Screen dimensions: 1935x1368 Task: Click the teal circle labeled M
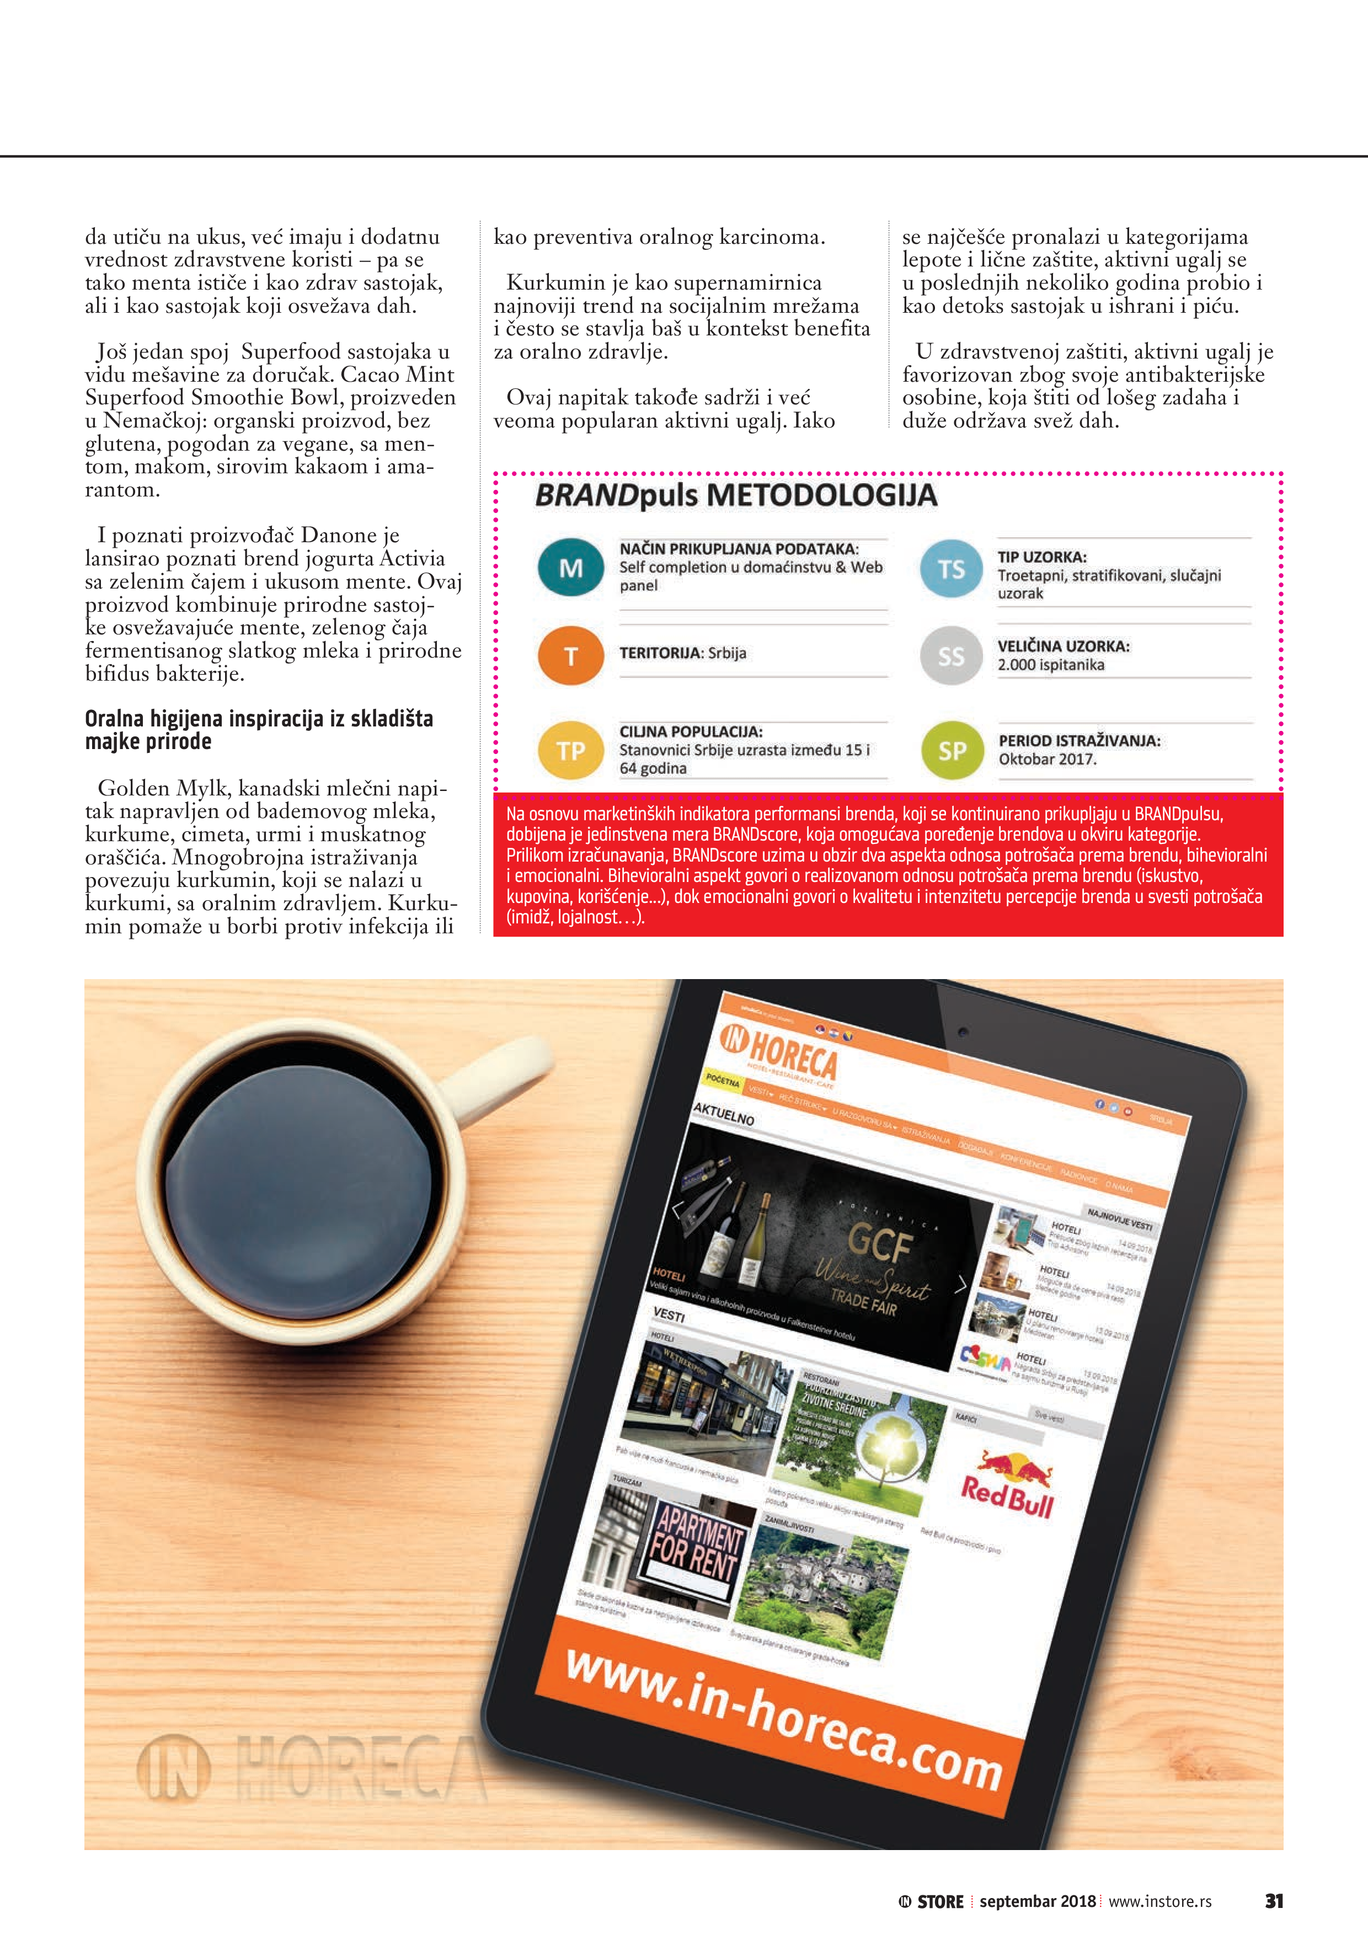(570, 567)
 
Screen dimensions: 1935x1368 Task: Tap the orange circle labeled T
(570, 655)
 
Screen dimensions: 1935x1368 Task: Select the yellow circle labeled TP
(570, 750)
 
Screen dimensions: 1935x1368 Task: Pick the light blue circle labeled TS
(951, 569)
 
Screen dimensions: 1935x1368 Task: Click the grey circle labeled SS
(951, 656)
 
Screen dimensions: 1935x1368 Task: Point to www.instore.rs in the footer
(1160, 1901)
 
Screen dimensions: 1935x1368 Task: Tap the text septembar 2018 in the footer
(1036, 1901)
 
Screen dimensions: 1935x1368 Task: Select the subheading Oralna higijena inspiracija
(259, 730)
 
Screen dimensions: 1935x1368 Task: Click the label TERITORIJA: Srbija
(683, 653)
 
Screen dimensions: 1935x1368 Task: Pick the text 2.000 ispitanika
(1050, 665)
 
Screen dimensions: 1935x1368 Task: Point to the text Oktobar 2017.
(1047, 760)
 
